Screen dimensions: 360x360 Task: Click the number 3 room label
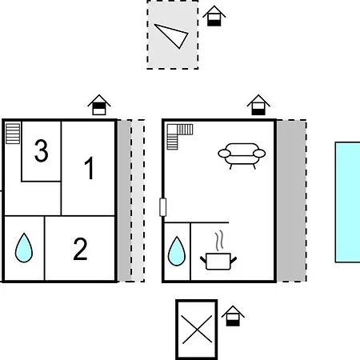click(x=42, y=151)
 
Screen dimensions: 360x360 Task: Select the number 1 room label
click(x=90, y=168)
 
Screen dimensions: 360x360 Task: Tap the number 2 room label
click(x=80, y=249)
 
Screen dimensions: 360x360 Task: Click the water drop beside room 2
click(x=24, y=248)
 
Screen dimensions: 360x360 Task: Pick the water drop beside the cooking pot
click(x=177, y=251)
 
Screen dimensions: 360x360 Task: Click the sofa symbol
click(x=242, y=156)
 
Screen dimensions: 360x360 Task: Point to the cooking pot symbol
click(x=218, y=262)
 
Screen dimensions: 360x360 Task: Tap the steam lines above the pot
click(x=219, y=241)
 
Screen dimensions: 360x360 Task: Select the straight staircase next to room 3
click(x=13, y=134)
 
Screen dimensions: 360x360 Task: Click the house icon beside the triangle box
click(x=214, y=16)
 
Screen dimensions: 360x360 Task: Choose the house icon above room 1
click(x=99, y=105)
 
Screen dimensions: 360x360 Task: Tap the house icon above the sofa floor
click(x=258, y=105)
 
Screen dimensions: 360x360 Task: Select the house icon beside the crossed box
click(x=233, y=316)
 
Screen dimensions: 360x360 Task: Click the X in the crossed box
click(x=197, y=330)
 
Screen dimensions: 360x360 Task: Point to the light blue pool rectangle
click(x=348, y=202)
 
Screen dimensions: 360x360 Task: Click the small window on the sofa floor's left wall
click(x=162, y=207)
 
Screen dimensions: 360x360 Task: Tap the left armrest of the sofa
click(x=224, y=154)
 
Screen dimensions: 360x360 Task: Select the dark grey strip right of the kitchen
click(x=291, y=201)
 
